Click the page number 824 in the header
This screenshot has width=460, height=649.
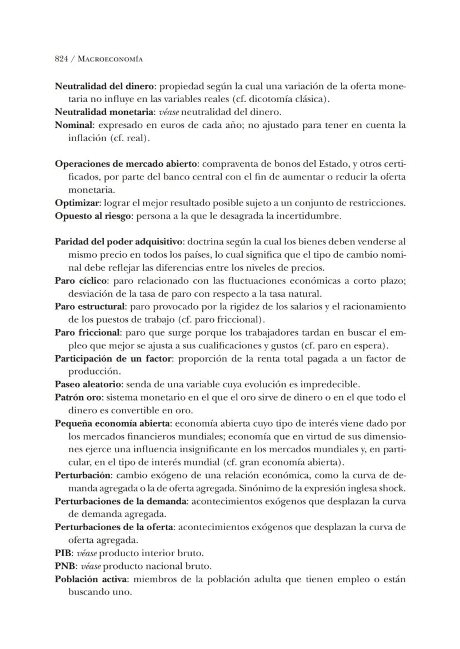(62, 59)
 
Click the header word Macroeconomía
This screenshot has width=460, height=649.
(111, 59)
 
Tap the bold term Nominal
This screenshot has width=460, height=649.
(73, 125)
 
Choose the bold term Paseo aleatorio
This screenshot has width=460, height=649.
(89, 384)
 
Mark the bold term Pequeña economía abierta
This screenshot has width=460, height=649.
(113, 423)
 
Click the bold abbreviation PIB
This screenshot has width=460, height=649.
(63, 553)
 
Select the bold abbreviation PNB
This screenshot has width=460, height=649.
(64, 566)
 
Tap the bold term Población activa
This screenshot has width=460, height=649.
(91, 579)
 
